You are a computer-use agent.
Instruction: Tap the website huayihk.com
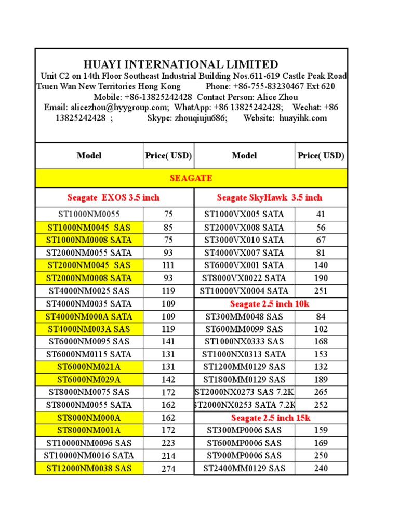tap(303, 118)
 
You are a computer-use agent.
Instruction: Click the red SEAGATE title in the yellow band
tap(191, 178)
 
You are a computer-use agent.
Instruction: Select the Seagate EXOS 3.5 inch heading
tap(113, 197)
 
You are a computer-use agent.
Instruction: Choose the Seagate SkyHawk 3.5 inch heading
tap(269, 197)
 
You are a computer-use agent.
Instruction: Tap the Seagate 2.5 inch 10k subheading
tap(269, 304)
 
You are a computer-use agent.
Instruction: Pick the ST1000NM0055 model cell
tap(89, 214)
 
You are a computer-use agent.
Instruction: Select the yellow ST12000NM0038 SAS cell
tap(89, 468)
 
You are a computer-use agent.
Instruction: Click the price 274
tap(168, 469)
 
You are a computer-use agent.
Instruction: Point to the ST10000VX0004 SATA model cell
tap(244, 291)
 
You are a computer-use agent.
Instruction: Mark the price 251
tap(321, 291)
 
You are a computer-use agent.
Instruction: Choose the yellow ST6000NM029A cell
tap(89, 380)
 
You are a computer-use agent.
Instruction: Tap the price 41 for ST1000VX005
tap(321, 214)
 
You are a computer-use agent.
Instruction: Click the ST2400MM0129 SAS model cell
tap(244, 468)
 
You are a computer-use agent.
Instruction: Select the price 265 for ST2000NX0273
tap(321, 392)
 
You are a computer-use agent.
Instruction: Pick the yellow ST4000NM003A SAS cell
tap(89, 329)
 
